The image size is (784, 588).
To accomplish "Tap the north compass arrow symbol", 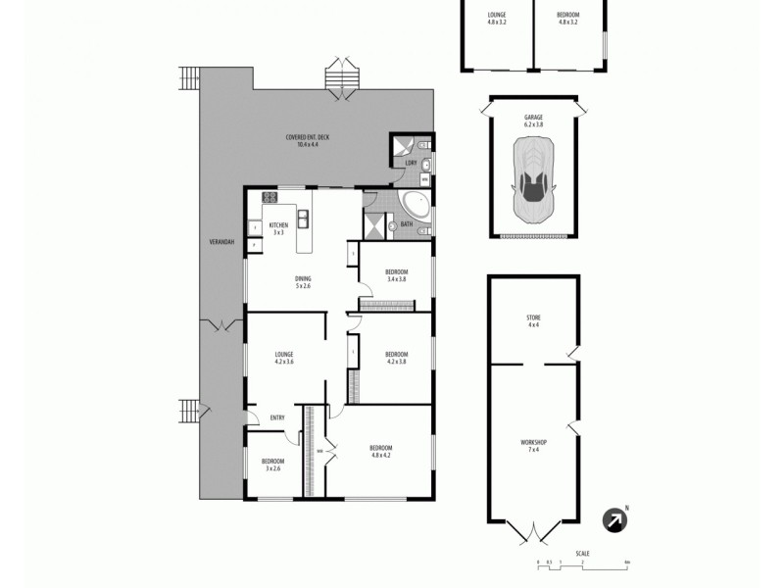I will (614, 519).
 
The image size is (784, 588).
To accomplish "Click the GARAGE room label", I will (533, 118).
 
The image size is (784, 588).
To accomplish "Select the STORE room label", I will (533, 318).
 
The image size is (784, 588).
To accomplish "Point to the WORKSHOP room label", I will (533, 443).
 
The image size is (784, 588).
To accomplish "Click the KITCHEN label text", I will (278, 225).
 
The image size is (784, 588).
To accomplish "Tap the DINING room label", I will (303, 279).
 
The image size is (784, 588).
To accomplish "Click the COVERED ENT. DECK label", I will (308, 137).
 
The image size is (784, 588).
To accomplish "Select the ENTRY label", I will (277, 418).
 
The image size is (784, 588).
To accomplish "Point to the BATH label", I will (406, 224).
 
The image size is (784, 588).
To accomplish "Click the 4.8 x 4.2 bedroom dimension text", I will (381, 455).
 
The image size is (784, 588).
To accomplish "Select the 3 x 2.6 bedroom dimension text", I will (273, 467).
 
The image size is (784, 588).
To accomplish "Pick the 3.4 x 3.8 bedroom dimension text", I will (396, 279).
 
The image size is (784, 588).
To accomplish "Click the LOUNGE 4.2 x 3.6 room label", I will (284, 358).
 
